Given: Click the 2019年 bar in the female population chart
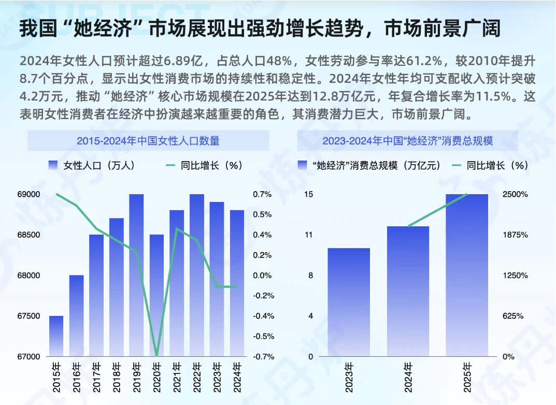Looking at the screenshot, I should click(x=136, y=275).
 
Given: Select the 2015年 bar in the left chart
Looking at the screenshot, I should click(x=56, y=336).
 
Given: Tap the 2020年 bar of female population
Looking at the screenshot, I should click(x=156, y=295).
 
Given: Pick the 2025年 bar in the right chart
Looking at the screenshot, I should click(x=467, y=275).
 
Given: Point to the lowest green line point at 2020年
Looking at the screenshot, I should click(x=156, y=356).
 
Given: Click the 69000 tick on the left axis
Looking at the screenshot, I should click(x=29, y=195).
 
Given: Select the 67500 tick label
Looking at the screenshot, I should click(x=29, y=316).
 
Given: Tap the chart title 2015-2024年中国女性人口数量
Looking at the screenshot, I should click(x=148, y=141).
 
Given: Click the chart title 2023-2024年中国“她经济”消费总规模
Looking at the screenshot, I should click(x=408, y=141).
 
